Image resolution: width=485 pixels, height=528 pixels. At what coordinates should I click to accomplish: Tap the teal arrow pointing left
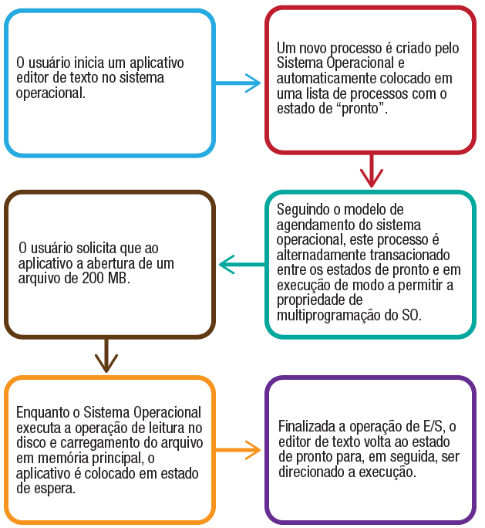pos(242,266)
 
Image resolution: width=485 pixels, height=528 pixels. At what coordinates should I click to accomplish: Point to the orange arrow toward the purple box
pos(239,449)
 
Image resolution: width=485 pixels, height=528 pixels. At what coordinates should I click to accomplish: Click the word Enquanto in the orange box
pos(43,412)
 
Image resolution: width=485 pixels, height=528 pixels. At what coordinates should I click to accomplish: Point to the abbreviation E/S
pos(432,427)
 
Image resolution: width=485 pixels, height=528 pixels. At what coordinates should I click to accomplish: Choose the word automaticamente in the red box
pos(323,78)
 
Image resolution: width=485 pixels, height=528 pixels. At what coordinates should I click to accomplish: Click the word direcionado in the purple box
pos(309,472)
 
